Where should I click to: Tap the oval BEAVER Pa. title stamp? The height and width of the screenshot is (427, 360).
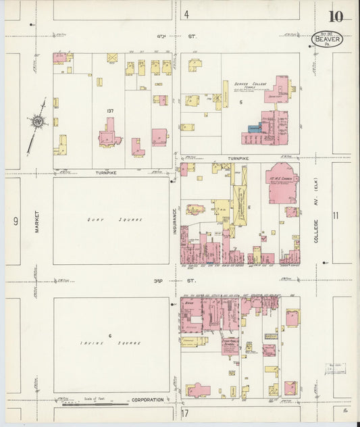(x=328, y=41)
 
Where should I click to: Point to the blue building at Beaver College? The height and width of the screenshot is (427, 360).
(x=254, y=128)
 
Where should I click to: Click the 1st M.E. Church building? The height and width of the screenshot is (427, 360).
(x=282, y=182)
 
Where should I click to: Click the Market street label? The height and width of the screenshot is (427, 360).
(x=30, y=220)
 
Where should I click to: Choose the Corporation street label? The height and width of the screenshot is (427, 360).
(x=147, y=400)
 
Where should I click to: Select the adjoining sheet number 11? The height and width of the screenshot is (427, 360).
(x=336, y=216)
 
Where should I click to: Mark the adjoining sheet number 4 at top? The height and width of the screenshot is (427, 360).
(x=186, y=14)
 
